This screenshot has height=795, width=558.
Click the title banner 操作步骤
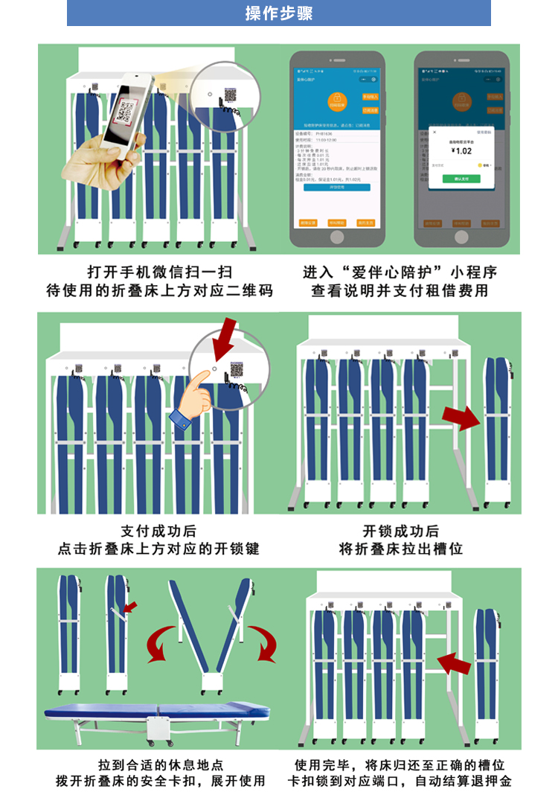click(x=279, y=13)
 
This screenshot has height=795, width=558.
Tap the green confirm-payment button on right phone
click(x=461, y=179)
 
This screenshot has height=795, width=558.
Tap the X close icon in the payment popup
click(x=434, y=132)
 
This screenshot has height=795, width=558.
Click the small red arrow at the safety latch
click(x=130, y=607)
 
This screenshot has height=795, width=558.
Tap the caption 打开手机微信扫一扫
click(x=159, y=272)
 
